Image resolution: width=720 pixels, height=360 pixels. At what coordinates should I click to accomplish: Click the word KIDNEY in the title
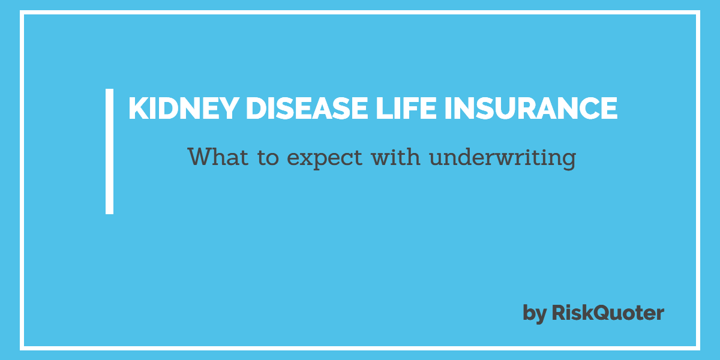tap(184, 109)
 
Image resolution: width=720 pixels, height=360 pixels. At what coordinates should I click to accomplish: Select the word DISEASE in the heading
tap(307, 109)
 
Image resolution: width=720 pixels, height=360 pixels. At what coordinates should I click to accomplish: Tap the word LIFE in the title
tap(406, 109)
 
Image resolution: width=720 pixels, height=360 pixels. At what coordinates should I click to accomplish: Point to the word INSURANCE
tap(531, 109)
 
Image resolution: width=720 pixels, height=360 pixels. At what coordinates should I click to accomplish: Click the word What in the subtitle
tap(218, 157)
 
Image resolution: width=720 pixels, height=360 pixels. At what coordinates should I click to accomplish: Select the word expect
tap(325, 159)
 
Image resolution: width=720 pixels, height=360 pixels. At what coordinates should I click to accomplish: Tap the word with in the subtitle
tap(395, 156)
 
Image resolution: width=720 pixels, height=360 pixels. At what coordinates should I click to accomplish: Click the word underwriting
tap(503, 158)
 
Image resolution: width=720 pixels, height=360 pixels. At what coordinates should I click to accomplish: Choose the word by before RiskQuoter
tap(535, 313)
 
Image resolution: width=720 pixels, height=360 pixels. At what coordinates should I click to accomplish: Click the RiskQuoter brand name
tap(608, 313)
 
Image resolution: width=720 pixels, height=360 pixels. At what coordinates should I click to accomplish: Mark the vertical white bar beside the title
tap(109, 151)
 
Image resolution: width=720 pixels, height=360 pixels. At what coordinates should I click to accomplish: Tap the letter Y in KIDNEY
tap(228, 109)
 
